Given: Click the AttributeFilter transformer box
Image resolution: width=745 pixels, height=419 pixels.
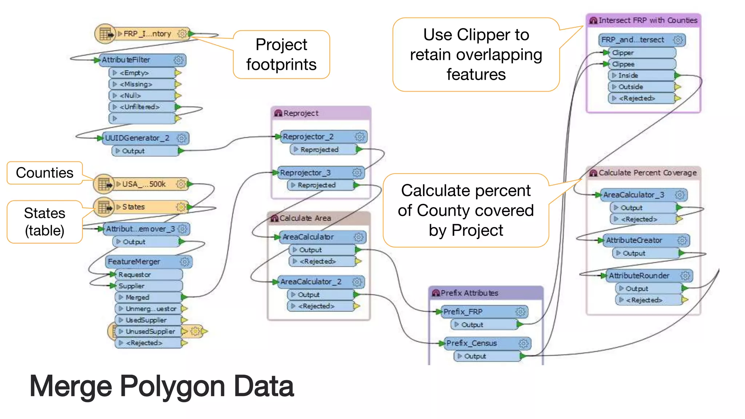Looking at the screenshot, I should pos(138,60).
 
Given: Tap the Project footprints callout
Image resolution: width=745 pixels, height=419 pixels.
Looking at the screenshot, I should pos(281,55).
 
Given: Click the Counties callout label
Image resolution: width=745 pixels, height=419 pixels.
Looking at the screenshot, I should pos(45,173).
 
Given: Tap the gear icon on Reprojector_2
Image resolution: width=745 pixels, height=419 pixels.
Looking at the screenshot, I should pos(359,137).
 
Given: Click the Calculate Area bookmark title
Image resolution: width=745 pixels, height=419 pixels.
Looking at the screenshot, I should pos(305,218).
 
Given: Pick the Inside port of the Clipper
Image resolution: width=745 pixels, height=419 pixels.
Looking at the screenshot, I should pos(640,76).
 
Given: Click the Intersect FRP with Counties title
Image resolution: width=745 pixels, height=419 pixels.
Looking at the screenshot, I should pos(648,21).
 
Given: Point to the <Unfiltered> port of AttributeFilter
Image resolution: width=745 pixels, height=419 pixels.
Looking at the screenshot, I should pos(142,107).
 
